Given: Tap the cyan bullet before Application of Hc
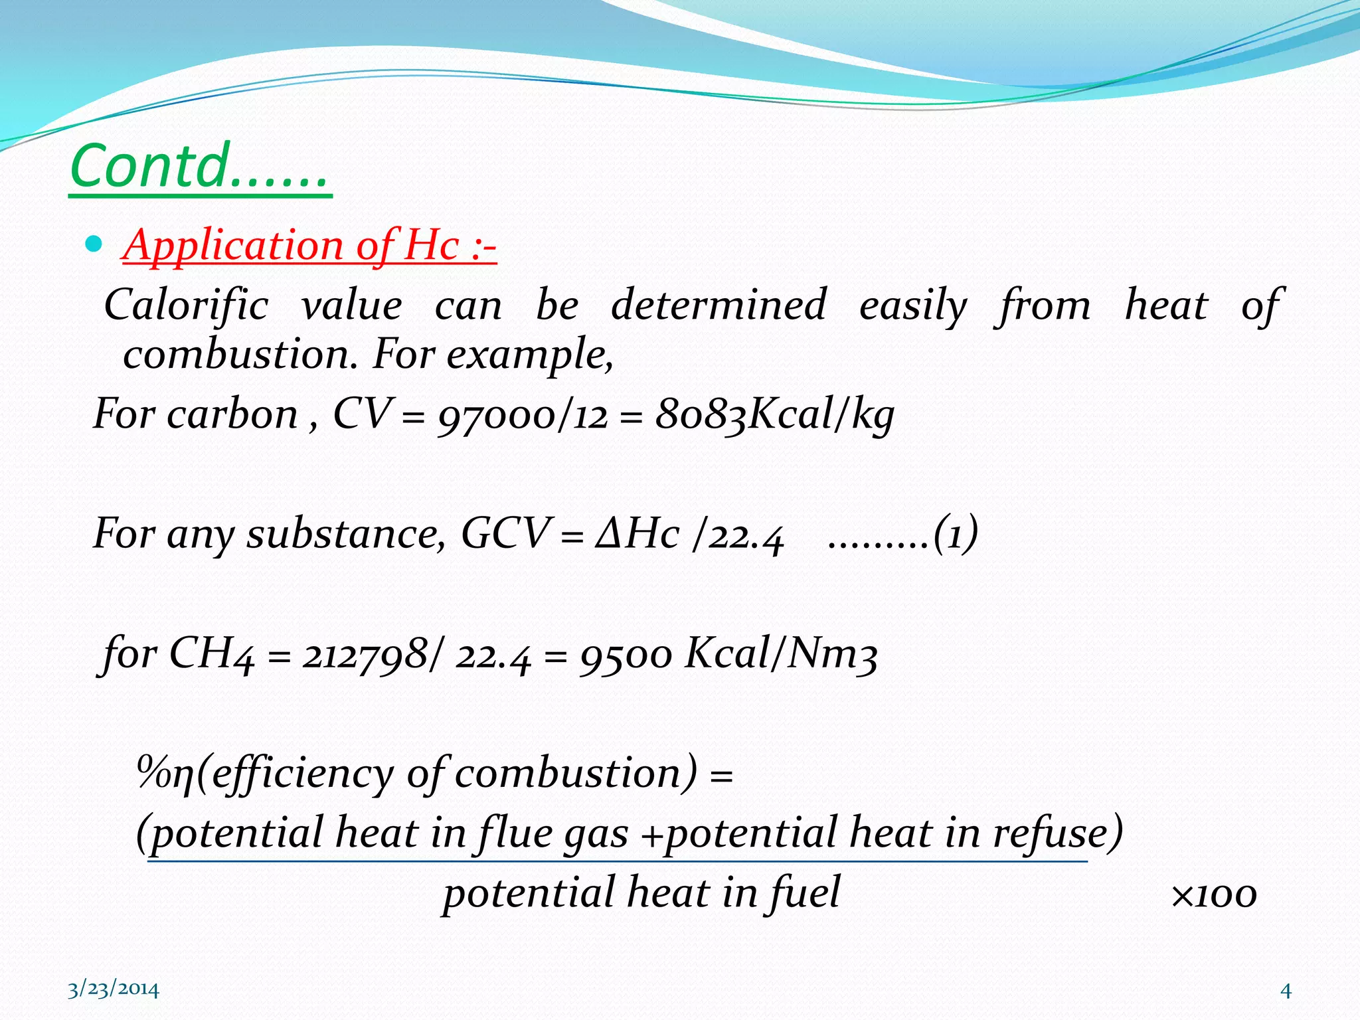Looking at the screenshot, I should coord(94,244).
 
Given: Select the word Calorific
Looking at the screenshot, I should coord(187,305).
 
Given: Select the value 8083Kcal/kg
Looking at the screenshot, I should coord(774,416).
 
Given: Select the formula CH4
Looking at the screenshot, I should coord(211,653).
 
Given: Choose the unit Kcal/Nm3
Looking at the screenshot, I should coord(781,653).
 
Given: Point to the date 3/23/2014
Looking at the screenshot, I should coord(114,989).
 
